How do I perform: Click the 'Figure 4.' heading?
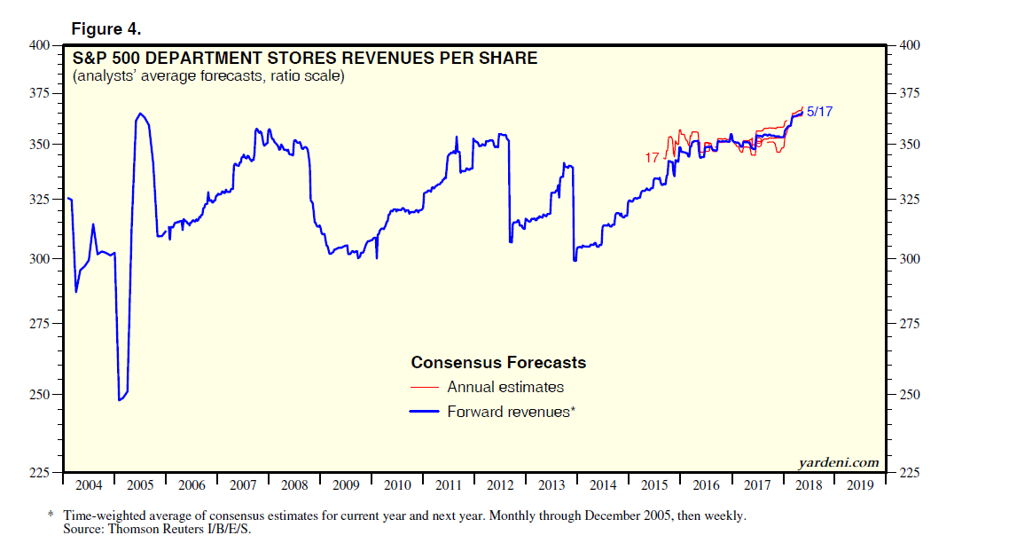(106, 28)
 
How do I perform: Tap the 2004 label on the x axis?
(89, 485)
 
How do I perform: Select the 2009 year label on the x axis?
(346, 485)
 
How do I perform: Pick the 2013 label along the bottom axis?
(551, 485)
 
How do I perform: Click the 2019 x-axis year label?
(860, 485)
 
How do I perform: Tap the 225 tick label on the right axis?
(911, 473)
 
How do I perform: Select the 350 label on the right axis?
(911, 144)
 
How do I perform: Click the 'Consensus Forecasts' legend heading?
(498, 362)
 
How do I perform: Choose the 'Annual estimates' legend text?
(505, 387)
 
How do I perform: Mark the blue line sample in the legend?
(425, 412)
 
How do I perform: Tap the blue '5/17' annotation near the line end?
(820, 112)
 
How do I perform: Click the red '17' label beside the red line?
(652, 157)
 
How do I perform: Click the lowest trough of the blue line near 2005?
(120, 400)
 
